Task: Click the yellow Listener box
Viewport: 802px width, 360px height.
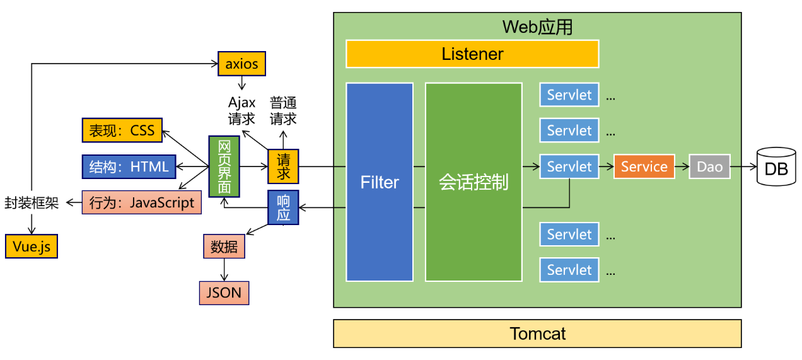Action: coord(472,54)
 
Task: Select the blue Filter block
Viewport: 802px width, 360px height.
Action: coord(380,182)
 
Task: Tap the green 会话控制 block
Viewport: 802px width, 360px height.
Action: coord(474,182)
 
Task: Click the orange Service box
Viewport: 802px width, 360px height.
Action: coord(644,166)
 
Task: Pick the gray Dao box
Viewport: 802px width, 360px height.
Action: coord(709,166)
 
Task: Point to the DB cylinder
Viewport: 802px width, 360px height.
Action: coord(776,167)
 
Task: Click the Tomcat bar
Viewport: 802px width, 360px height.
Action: coord(537,334)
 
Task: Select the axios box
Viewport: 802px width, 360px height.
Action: coord(241,64)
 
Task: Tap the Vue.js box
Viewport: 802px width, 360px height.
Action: coord(32,247)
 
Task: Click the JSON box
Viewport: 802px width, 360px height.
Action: coord(224,293)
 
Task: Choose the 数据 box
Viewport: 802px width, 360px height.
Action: coord(224,247)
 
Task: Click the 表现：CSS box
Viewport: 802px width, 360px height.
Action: coord(122,131)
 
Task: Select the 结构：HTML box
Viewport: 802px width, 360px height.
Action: coord(129,166)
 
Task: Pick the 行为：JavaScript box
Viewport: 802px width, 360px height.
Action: coord(142,202)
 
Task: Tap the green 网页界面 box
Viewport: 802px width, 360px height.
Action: coord(224,166)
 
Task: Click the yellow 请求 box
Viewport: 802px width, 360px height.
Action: coord(283,166)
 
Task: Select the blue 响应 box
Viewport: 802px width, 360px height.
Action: coord(283,207)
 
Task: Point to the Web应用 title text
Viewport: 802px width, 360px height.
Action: coord(537,27)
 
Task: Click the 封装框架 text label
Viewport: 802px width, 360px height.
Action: coord(32,202)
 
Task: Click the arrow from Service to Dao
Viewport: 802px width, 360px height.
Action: coord(682,166)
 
